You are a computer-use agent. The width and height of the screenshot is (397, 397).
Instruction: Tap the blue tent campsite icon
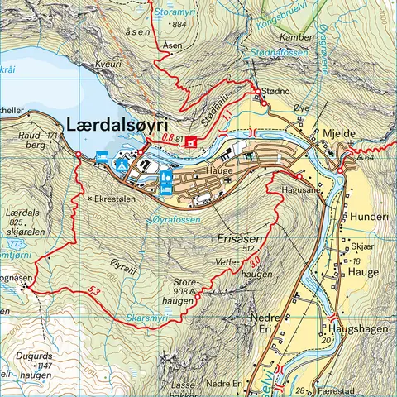tap(121, 166)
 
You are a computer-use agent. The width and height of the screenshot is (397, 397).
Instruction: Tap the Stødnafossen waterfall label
tap(275, 53)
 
